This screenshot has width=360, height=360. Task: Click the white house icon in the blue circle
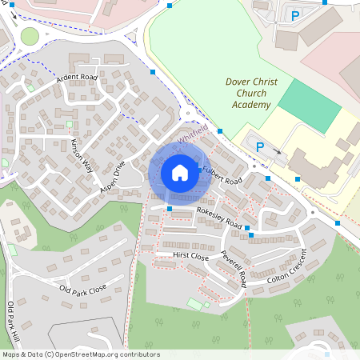click(180, 171)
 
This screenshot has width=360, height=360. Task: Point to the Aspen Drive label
click(113, 179)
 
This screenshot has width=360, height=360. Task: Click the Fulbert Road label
click(222, 174)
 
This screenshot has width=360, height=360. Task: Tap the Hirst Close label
click(191, 258)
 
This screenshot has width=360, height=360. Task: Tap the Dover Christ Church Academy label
click(251, 94)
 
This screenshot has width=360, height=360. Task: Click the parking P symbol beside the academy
click(259, 144)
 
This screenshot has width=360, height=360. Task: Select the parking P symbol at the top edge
click(295, 14)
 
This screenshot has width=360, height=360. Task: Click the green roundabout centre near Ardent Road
click(30, 36)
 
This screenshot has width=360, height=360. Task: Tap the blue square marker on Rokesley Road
click(170, 209)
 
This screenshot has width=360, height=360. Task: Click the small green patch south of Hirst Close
click(195, 304)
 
